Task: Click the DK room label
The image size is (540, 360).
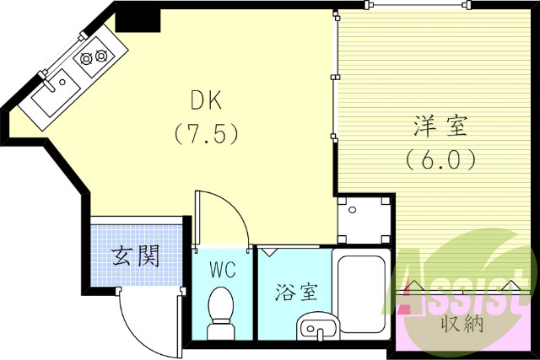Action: (x=206, y=103)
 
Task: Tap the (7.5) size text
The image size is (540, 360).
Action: (x=207, y=132)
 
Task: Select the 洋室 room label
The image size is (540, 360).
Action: (x=440, y=128)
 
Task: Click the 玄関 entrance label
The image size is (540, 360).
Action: (x=135, y=255)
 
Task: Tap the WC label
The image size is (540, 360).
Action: (x=223, y=271)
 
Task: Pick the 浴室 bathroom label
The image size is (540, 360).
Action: (x=296, y=293)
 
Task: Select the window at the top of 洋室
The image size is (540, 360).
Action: (x=414, y=6)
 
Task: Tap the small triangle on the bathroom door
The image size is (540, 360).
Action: (x=270, y=250)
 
